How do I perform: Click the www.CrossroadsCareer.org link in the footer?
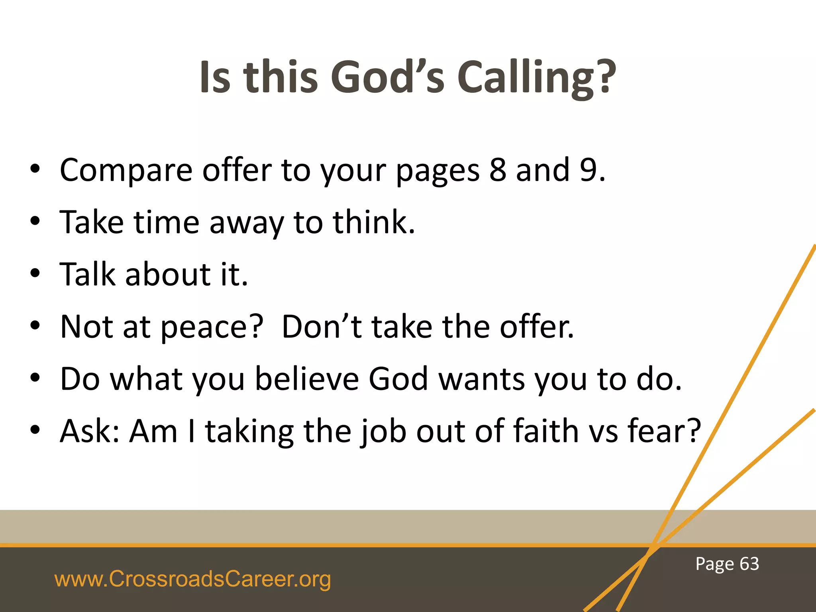point(192,579)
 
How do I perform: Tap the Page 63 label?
point(727,564)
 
